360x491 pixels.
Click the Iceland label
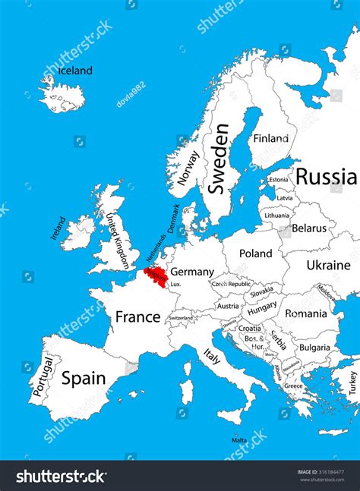(75, 71)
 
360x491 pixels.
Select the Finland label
(271, 138)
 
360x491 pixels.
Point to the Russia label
(326, 177)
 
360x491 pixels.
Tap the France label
(137, 316)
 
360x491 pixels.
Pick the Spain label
(84, 378)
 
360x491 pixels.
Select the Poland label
(255, 253)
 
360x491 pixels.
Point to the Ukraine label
(328, 265)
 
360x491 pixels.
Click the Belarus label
(308, 228)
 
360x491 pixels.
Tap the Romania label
(306, 313)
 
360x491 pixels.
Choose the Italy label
(211, 355)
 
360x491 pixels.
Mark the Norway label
(188, 168)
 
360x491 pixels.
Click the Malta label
(239, 440)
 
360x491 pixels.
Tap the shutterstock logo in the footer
(62, 476)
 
